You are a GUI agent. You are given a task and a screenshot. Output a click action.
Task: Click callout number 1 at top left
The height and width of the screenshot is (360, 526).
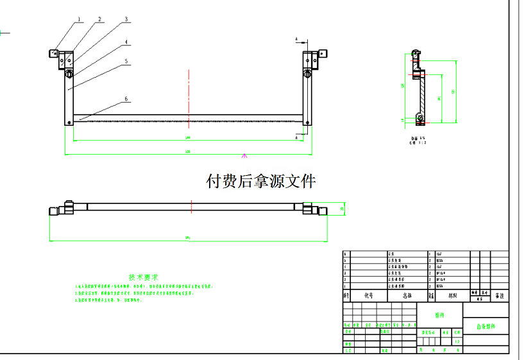tap(80, 19)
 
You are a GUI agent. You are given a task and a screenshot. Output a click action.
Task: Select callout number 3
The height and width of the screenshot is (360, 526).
tap(126, 19)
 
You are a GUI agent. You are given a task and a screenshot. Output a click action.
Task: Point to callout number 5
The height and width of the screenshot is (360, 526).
tap(126, 62)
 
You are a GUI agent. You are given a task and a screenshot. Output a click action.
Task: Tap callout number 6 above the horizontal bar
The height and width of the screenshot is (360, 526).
tap(126, 99)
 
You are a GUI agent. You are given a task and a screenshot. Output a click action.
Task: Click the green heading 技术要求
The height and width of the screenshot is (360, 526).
tap(143, 277)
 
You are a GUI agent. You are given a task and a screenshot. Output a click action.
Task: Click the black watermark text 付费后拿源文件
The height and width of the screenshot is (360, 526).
tap(260, 182)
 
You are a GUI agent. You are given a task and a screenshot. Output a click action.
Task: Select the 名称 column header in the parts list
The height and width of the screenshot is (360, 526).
tap(407, 296)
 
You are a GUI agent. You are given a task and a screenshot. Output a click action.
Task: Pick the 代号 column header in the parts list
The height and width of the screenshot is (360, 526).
tap(368, 296)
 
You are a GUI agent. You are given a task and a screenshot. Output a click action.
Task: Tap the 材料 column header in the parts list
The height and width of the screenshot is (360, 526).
tap(452, 296)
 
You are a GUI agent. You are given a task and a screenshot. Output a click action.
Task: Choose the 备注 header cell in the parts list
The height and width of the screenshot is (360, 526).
tap(499, 296)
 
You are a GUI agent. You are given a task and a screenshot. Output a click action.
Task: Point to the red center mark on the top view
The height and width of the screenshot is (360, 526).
tap(191, 207)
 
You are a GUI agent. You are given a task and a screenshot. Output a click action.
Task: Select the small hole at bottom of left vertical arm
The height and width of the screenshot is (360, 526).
tap(69, 123)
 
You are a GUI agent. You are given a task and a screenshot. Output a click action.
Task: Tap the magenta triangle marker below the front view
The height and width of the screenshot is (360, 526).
tap(244, 155)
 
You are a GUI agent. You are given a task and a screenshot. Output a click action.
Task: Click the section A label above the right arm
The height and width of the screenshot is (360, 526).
tap(296, 40)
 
